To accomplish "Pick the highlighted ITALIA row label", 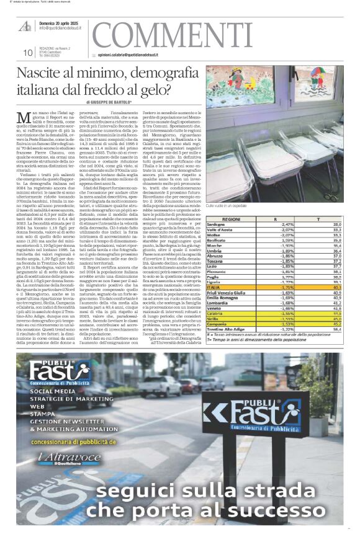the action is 232,287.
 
